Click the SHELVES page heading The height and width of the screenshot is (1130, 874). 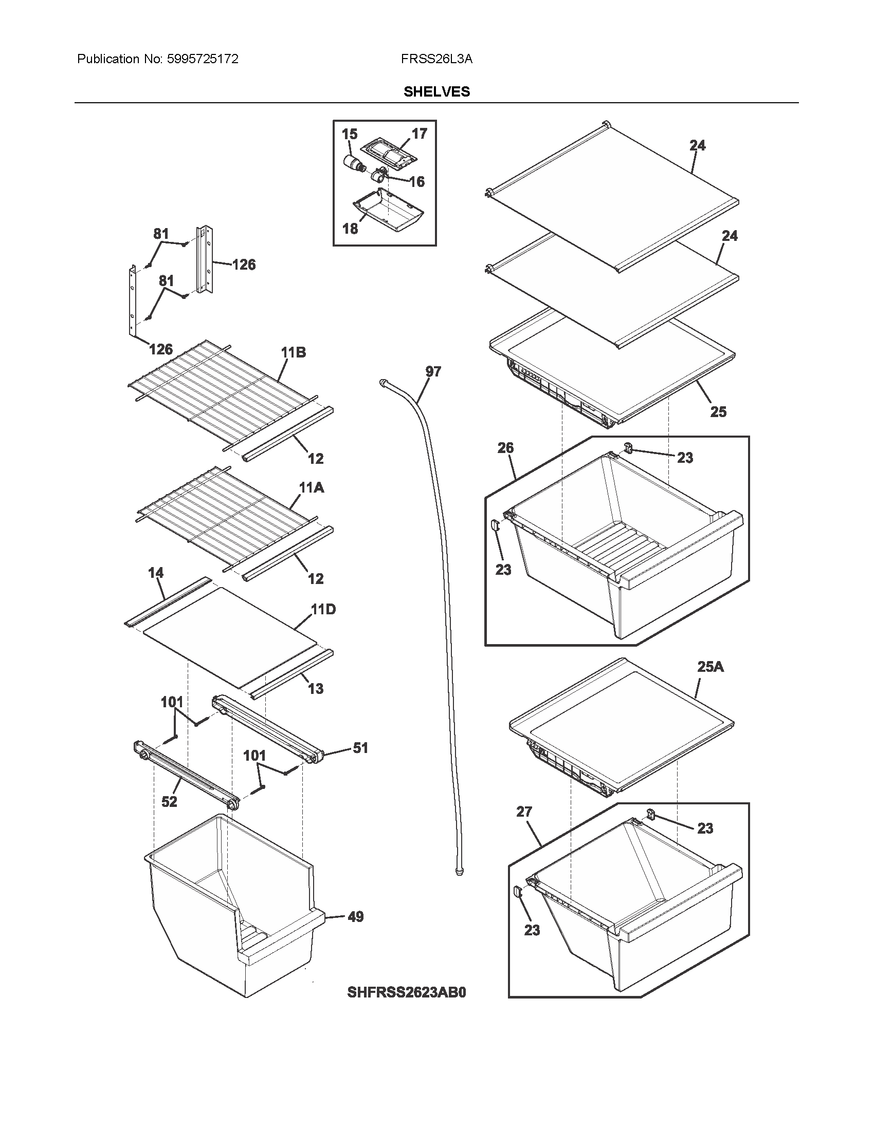pyautogui.click(x=436, y=91)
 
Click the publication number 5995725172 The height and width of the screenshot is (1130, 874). pyautogui.click(x=203, y=59)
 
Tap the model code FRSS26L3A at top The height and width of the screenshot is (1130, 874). pyautogui.click(x=436, y=59)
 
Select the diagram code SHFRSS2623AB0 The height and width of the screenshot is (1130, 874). pyautogui.click(x=407, y=992)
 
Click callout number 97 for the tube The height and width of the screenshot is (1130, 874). pyautogui.click(x=433, y=371)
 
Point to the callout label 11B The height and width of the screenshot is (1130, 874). pyautogui.click(x=294, y=353)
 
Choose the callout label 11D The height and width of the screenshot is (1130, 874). pyautogui.click(x=323, y=610)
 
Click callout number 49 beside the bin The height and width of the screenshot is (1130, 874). pyautogui.click(x=355, y=917)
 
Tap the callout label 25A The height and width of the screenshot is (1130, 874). pyautogui.click(x=711, y=667)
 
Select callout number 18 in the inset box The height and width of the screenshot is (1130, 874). pyautogui.click(x=350, y=228)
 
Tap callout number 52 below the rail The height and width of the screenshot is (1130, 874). pyautogui.click(x=169, y=801)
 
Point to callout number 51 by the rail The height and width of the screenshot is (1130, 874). pyautogui.click(x=360, y=748)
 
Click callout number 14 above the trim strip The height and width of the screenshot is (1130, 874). pyautogui.click(x=155, y=573)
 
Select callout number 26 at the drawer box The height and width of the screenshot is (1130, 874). pyautogui.click(x=505, y=448)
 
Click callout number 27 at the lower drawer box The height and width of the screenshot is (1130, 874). pyautogui.click(x=524, y=812)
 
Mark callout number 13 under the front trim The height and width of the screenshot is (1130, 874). pyautogui.click(x=315, y=689)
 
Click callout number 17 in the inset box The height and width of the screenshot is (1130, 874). pyautogui.click(x=419, y=134)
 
